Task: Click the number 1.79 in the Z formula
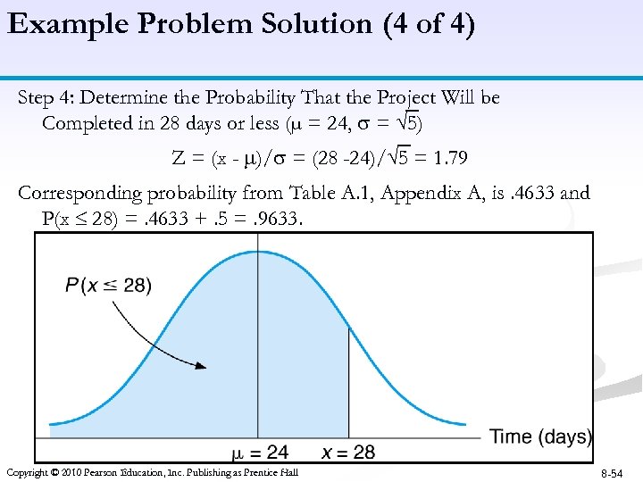coord(449,159)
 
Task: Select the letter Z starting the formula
coord(178,159)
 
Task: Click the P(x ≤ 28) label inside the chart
coord(108,286)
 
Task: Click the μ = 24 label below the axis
coord(260,453)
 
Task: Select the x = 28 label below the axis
coord(348,453)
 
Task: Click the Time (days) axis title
coord(540,436)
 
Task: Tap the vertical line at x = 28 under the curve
coord(347,384)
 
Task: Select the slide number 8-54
coord(612,472)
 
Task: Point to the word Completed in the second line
coord(87,123)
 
